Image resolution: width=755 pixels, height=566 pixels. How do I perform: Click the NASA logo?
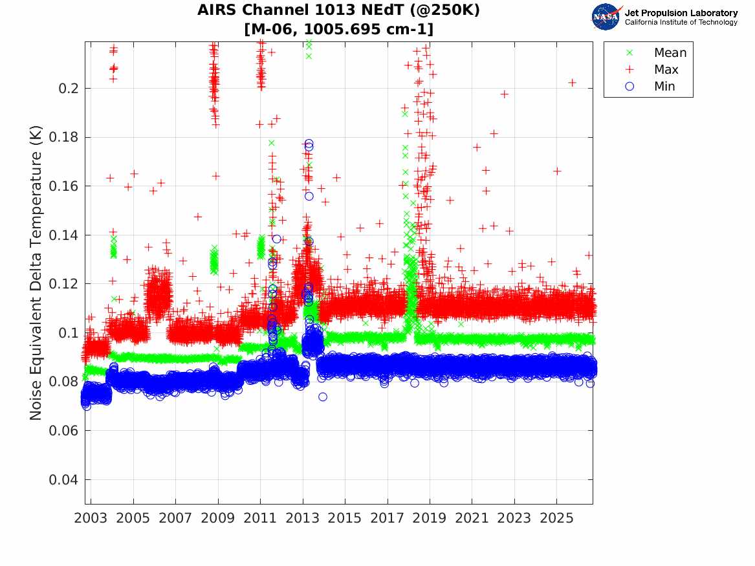coord(606,17)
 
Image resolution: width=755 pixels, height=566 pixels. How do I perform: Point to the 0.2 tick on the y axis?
coord(68,89)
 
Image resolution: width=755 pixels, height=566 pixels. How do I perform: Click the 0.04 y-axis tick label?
coord(63,480)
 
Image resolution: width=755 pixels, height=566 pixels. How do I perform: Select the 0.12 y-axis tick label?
coord(63,284)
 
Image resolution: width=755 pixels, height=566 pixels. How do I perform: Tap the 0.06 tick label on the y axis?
coord(63,431)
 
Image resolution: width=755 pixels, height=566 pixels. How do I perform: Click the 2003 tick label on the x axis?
coord(91,518)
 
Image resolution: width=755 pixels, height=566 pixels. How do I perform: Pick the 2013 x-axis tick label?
coord(302,518)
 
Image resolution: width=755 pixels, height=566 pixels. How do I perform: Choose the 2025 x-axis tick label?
coord(556,518)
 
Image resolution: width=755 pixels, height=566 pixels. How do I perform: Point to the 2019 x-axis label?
coord(430,518)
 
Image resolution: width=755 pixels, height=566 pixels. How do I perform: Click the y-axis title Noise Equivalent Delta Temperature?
coord(36,273)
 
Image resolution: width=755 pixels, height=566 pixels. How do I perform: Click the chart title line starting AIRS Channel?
coord(338,10)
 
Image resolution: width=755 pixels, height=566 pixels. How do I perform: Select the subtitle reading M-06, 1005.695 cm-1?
coord(338,29)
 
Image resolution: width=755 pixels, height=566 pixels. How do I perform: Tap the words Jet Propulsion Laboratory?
coord(681,13)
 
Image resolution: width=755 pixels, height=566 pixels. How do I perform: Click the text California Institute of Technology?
coord(681,22)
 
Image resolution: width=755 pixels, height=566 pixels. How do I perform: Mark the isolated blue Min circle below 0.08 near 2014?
coord(323,397)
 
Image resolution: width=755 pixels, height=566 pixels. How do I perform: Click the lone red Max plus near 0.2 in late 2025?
coord(572,83)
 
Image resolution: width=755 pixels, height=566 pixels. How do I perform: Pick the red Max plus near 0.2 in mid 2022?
coord(504,94)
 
